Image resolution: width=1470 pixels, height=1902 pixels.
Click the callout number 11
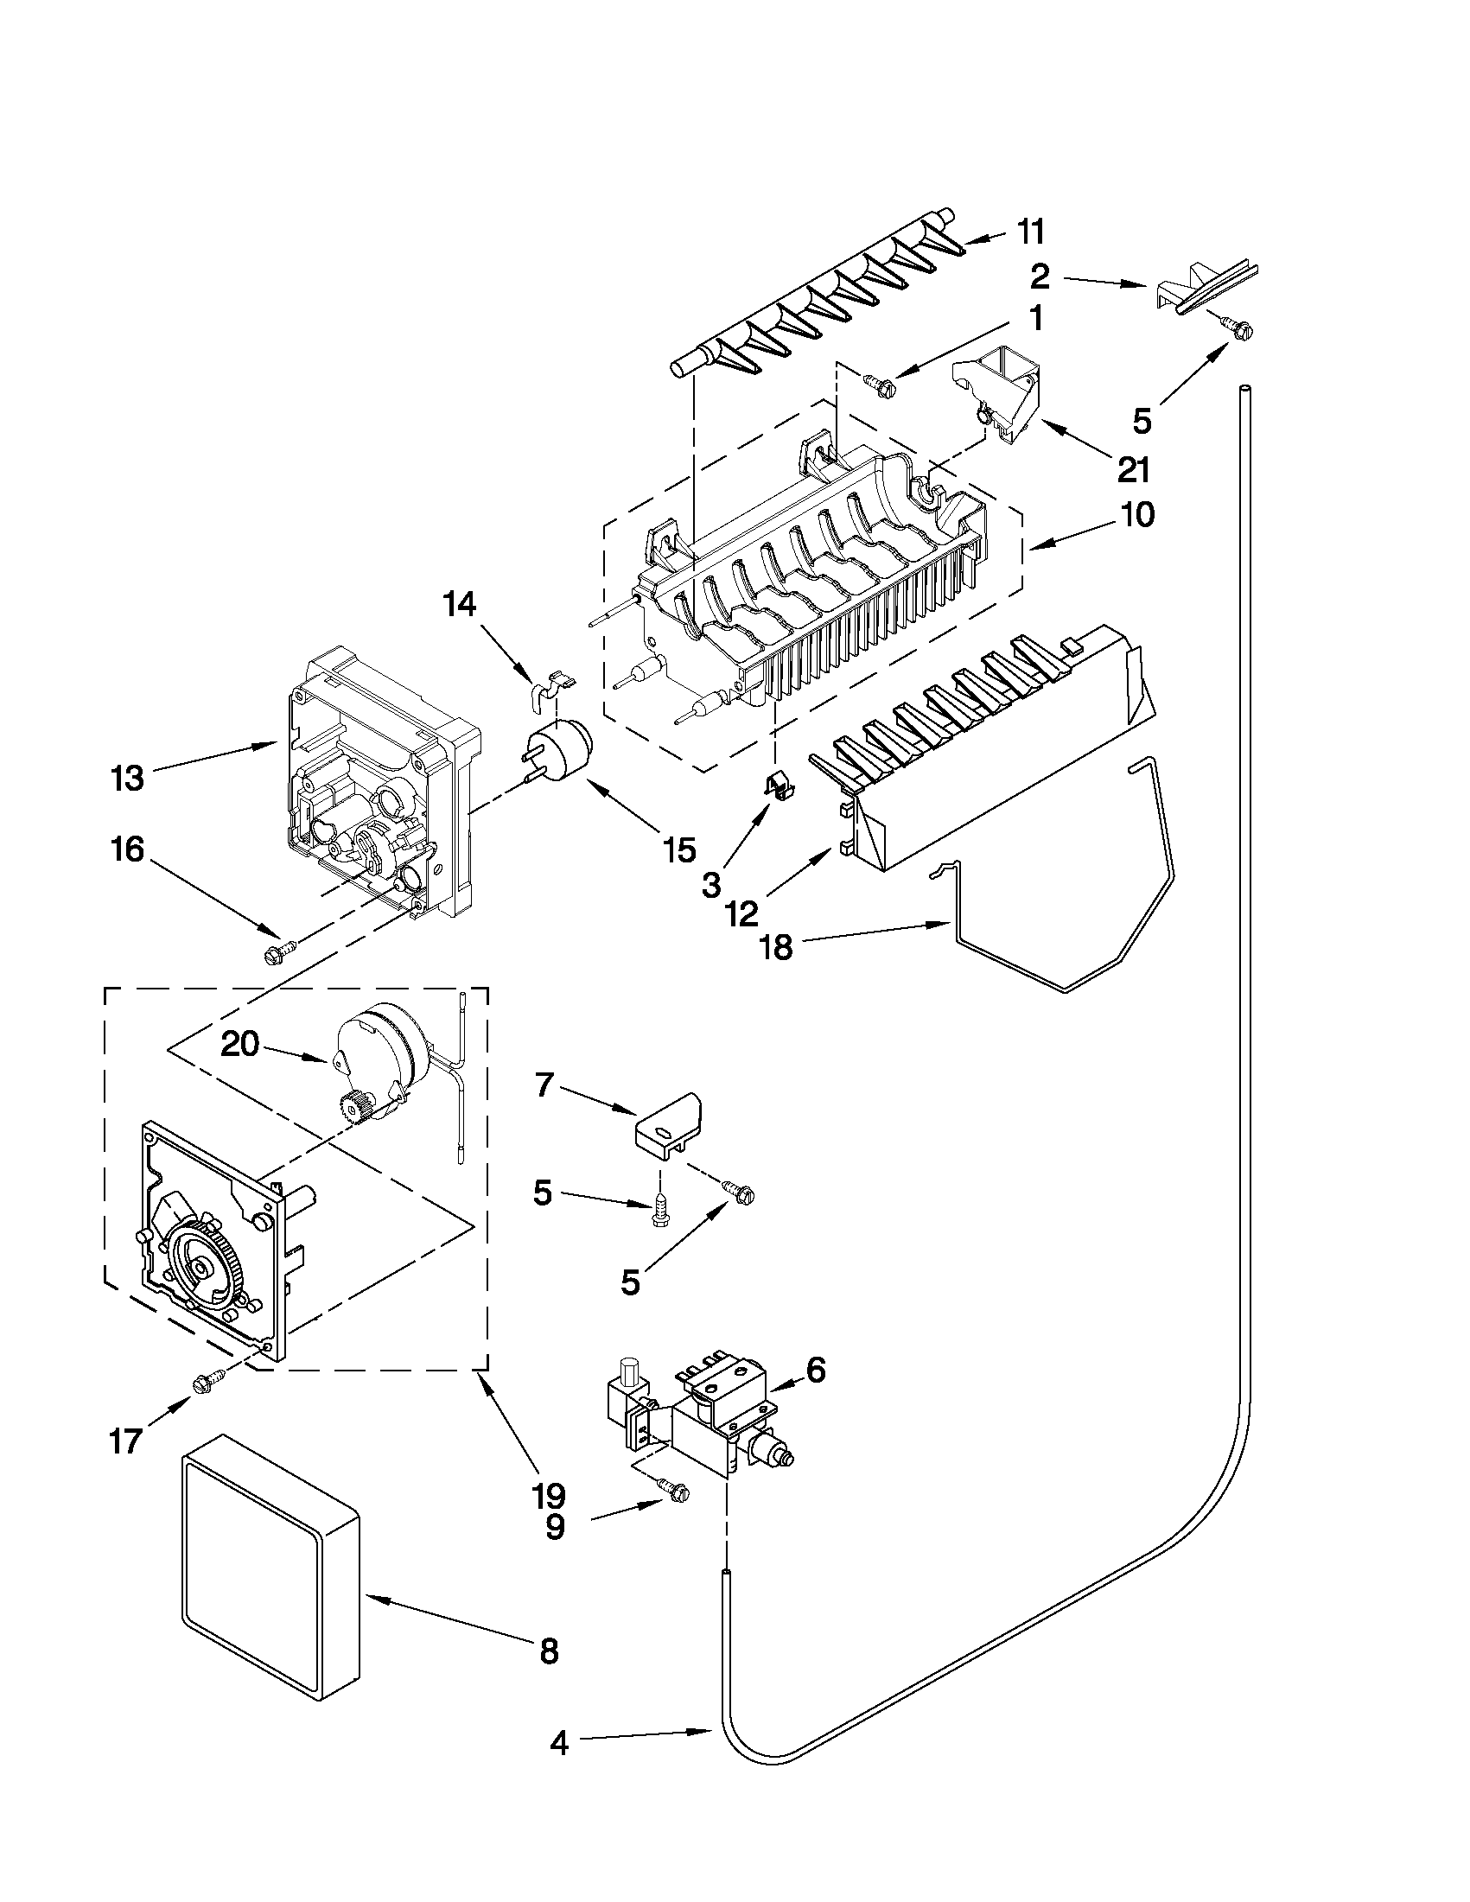coord(1030,232)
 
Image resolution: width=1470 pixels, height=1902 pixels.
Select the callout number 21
coord(1133,470)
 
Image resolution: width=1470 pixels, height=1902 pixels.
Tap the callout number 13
coord(127,778)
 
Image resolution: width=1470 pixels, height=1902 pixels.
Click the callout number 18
coord(777,947)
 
